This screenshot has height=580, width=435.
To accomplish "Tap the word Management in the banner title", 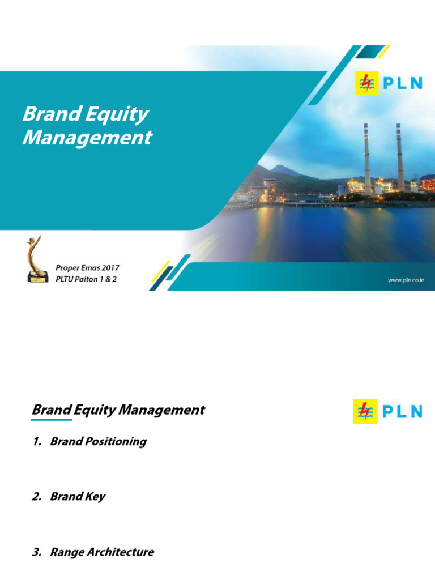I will click(87, 138).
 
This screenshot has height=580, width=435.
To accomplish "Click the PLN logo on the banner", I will click(388, 84).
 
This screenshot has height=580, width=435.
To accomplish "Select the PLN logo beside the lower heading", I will click(388, 411).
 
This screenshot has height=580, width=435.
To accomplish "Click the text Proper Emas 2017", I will click(87, 267).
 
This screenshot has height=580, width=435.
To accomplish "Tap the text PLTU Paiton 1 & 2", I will click(86, 279).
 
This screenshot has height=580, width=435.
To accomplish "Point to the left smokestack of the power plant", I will click(367, 159).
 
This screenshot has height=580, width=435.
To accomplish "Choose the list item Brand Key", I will click(78, 497).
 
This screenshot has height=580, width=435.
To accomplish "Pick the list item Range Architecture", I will click(102, 552).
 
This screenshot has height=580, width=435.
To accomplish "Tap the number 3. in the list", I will click(37, 552).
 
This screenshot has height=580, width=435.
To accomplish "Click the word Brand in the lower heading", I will click(52, 410).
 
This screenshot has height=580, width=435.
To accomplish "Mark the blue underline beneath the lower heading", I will click(52, 420).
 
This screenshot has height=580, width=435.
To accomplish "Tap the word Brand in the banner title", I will click(49, 115).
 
